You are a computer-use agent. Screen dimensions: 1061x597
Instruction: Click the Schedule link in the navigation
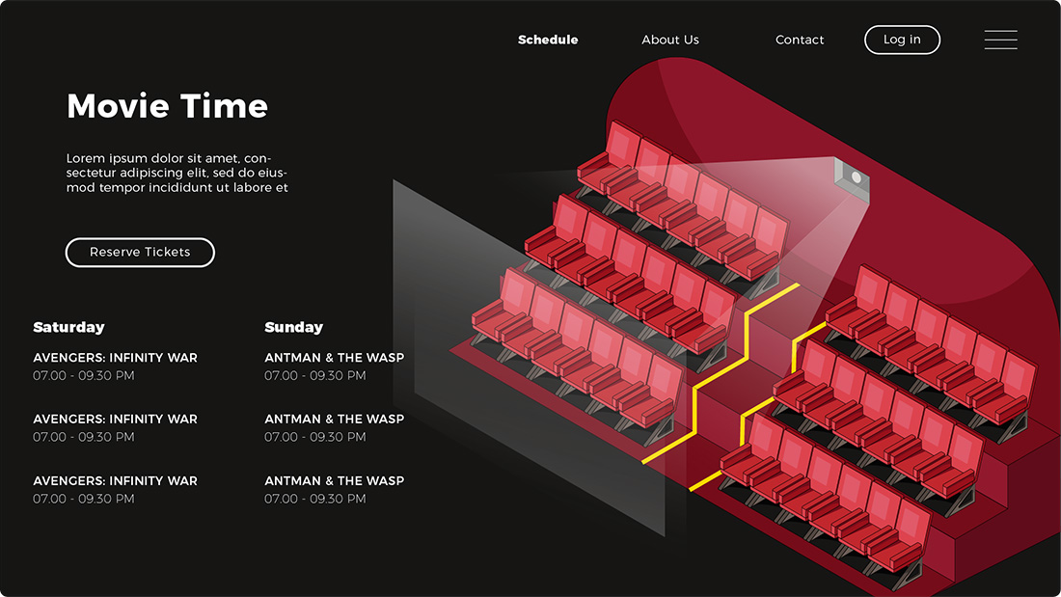(548, 40)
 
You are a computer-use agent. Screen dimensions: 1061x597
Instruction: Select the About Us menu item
(670, 40)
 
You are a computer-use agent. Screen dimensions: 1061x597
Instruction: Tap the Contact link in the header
(800, 40)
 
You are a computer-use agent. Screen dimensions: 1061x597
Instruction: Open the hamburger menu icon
(1000, 40)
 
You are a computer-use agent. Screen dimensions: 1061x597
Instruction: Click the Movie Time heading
(167, 106)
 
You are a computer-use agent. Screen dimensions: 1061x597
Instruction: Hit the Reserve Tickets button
(140, 253)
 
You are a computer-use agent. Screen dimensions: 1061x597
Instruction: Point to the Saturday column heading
(68, 328)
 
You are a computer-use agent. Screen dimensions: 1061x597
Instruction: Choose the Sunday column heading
(293, 328)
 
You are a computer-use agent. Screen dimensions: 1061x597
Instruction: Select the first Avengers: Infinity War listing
(115, 358)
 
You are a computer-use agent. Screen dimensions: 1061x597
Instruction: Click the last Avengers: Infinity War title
(115, 480)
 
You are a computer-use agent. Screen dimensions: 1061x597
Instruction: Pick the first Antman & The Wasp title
(335, 358)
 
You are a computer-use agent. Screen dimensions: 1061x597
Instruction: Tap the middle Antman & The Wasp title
(335, 419)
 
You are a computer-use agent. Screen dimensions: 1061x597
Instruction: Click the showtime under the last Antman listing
(315, 499)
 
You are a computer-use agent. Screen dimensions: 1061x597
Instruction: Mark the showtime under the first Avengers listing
(84, 376)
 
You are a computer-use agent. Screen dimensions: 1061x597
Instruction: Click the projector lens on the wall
(856, 177)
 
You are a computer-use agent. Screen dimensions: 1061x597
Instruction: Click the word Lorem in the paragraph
(85, 158)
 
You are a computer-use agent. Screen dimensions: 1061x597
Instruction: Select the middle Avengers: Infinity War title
(115, 419)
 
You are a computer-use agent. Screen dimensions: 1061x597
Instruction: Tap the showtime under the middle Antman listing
(315, 437)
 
